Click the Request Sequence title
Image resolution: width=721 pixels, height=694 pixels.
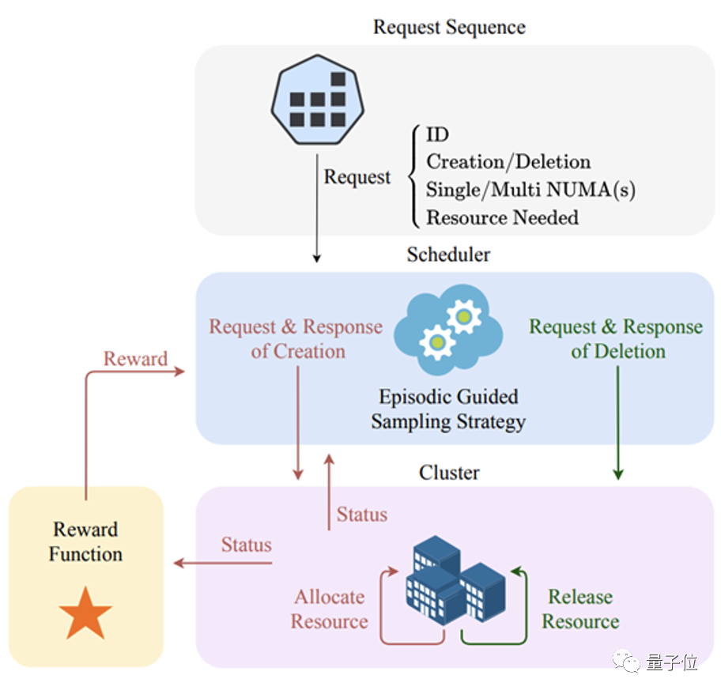[x=449, y=27]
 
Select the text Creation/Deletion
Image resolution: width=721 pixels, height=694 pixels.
[x=508, y=162]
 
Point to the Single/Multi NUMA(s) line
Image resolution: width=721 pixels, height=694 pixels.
[x=530, y=190]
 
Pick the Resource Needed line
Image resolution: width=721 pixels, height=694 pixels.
[x=502, y=217]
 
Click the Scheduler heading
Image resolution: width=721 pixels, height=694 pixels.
[x=448, y=255]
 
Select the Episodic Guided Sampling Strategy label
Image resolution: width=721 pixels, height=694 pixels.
[x=448, y=409]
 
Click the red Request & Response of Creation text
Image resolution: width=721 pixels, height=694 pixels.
[x=296, y=338]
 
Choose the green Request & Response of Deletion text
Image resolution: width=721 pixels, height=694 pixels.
[x=616, y=338]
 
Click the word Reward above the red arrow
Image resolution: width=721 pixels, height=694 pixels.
[x=135, y=359]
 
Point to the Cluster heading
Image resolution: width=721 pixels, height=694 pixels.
[x=449, y=473]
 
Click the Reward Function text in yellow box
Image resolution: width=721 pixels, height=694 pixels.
[x=85, y=541]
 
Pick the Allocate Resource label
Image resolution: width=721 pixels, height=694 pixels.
[x=329, y=609]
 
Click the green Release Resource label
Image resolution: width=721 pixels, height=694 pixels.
[x=580, y=609]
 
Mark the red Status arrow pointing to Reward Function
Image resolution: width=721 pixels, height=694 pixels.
[x=222, y=563]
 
